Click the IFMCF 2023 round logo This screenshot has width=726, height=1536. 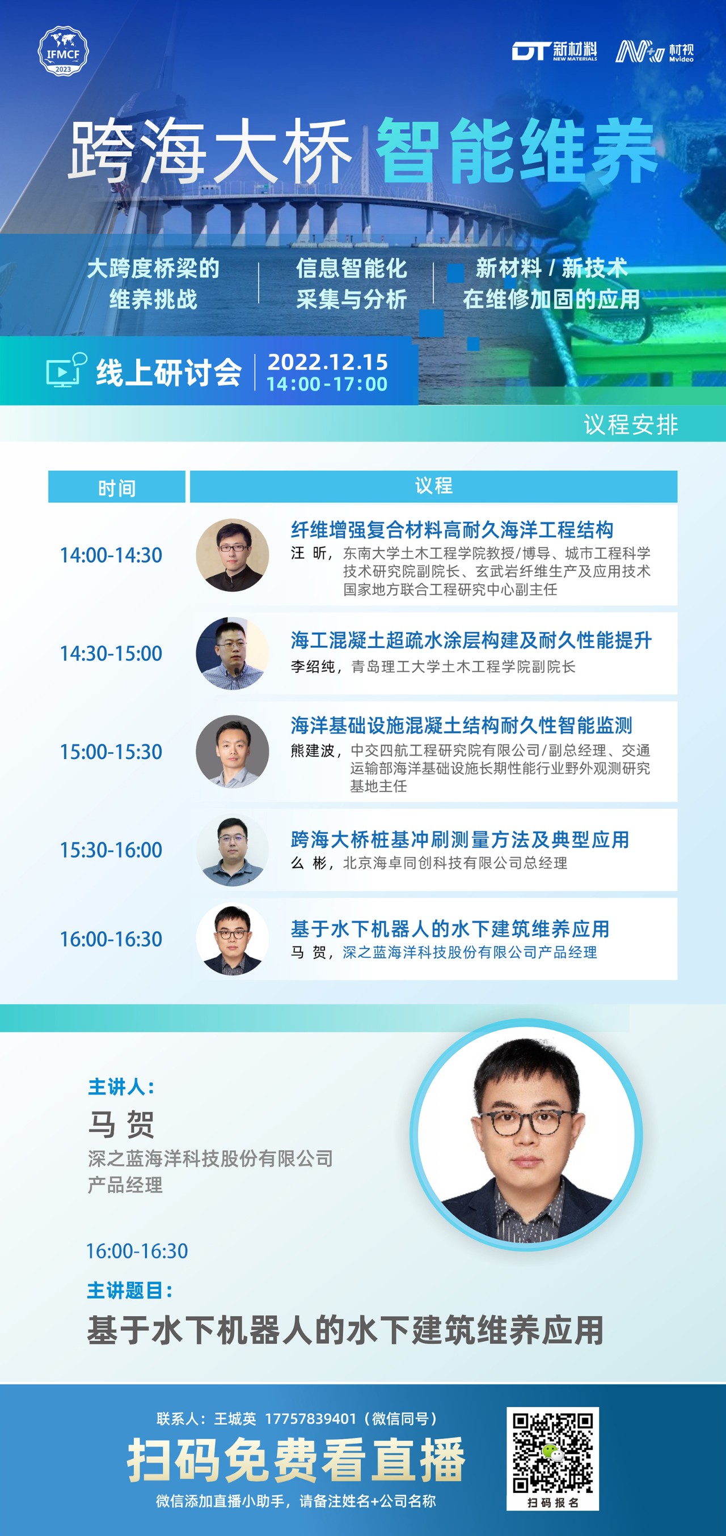click(x=62, y=50)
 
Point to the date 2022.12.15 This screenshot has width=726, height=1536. click(x=327, y=362)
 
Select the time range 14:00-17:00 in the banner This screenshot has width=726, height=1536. click(x=327, y=384)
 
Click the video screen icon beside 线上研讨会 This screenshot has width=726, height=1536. click(x=66, y=370)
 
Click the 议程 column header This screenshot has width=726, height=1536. click(x=434, y=486)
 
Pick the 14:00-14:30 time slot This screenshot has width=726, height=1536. click(x=111, y=555)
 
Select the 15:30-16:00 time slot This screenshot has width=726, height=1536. click(x=111, y=850)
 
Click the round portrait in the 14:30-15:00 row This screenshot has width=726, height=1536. click(x=232, y=654)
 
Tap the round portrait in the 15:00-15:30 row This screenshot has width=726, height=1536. click(x=232, y=752)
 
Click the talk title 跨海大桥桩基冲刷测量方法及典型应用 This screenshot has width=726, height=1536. click(x=460, y=839)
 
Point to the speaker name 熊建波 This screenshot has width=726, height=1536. click(x=312, y=750)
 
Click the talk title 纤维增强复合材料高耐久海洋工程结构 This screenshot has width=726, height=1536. click(x=452, y=529)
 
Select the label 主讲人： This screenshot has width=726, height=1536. click(x=122, y=1087)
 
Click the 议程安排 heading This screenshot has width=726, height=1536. click(x=631, y=425)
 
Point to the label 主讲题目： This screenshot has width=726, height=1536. click(x=130, y=1291)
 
